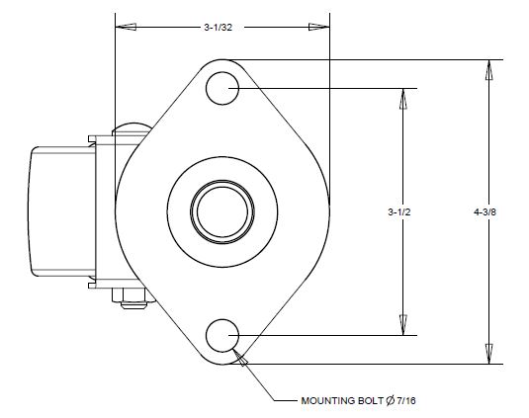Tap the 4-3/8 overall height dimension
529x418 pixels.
[x=485, y=211]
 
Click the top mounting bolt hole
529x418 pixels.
[x=221, y=87]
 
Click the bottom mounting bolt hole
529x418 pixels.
[x=221, y=335]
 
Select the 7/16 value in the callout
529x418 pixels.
[x=407, y=402]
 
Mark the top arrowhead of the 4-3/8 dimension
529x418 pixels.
[x=485, y=68]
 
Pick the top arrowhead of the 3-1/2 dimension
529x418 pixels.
[x=401, y=96]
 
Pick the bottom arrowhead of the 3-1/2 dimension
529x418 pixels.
[x=401, y=326]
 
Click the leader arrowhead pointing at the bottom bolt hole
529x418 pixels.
[x=239, y=361]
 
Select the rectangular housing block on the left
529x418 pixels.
[x=59, y=210]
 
